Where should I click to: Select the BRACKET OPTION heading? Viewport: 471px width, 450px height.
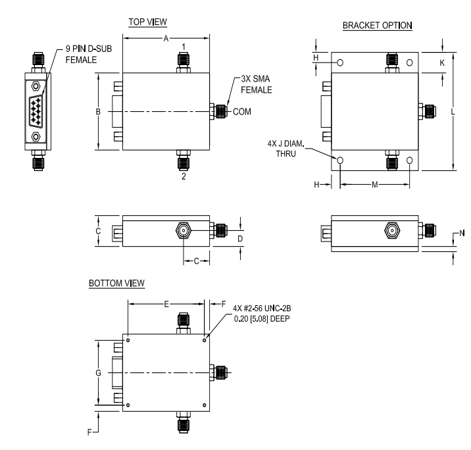377,26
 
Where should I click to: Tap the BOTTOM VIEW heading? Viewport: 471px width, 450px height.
116,283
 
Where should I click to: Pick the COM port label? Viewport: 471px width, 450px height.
242,111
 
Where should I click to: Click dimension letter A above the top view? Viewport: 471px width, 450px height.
166,39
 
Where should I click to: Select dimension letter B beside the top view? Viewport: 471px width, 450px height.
98,112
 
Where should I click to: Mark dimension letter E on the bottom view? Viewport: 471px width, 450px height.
166,304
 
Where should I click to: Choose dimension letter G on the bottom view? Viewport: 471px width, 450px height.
98,373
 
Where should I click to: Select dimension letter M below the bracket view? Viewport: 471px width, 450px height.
374,185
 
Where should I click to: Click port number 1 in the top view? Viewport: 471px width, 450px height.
184,46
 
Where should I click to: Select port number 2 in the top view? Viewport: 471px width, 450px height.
184,177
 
